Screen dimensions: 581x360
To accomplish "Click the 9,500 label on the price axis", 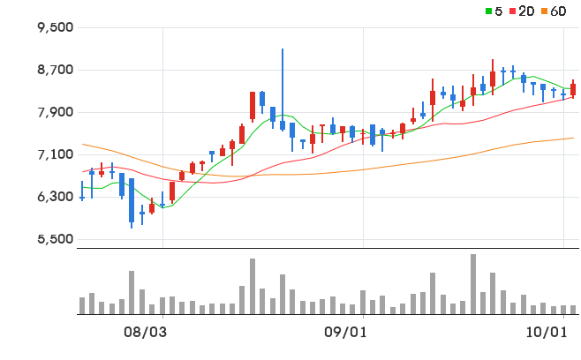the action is [x=56, y=27].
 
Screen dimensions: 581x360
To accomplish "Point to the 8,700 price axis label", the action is [x=56, y=70].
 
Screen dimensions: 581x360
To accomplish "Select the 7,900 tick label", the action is [x=56, y=112].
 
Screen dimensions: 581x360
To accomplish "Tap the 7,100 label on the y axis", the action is [x=56, y=154].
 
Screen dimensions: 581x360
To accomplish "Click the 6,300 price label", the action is [x=56, y=196].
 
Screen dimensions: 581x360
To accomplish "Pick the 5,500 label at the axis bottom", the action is [x=56, y=239].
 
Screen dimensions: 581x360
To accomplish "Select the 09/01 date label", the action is [x=345, y=333].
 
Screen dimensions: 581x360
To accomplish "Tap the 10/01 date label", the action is [x=547, y=333].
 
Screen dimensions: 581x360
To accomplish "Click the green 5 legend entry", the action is [x=494, y=11].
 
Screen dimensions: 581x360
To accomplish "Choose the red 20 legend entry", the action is [x=522, y=11].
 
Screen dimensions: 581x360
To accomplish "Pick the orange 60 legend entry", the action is [x=554, y=11].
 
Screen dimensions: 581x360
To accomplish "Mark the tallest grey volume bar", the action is [x=473, y=284].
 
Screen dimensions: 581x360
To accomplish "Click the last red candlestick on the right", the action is [x=573, y=89].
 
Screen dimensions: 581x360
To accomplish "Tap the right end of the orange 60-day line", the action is [x=573, y=139].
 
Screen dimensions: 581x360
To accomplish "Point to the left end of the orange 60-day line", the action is [x=82, y=144].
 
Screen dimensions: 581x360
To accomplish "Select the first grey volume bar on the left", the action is [x=82, y=305].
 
